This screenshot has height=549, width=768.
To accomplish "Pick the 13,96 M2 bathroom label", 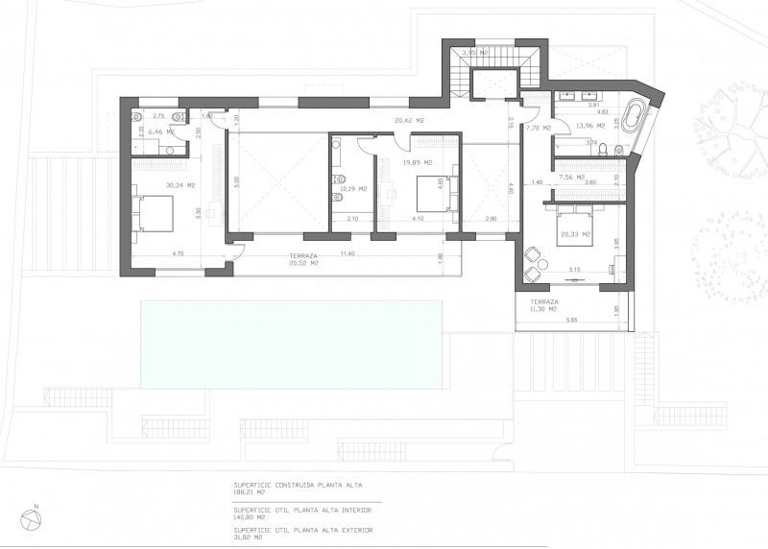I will coord(588,126).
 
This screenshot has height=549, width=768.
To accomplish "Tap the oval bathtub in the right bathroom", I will coord(633,118).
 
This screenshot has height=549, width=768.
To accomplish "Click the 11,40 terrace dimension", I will coord(346,254).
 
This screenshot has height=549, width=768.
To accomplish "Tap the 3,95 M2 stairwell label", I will coord(475,52).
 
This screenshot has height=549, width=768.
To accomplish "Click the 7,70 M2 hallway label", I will coord(539,127).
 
